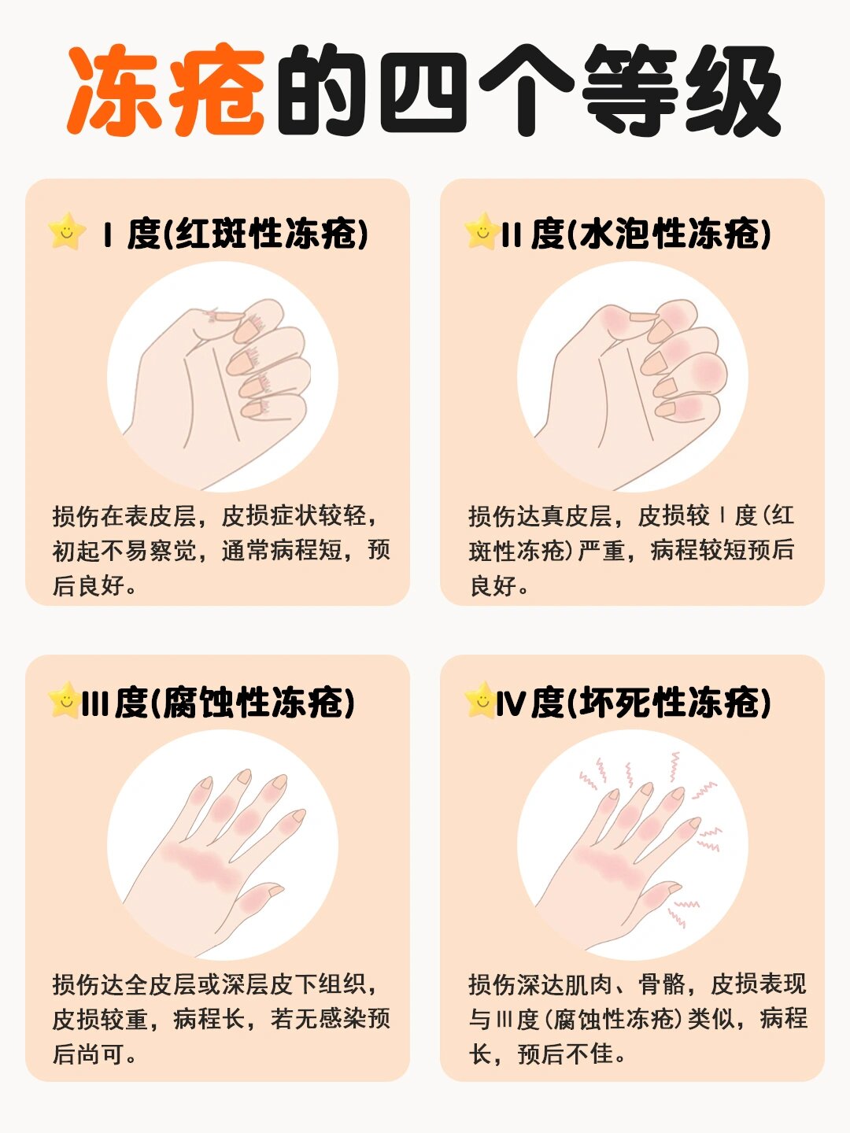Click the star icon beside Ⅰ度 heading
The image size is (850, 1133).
[x=67, y=231]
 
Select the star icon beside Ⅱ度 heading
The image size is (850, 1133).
[x=481, y=231]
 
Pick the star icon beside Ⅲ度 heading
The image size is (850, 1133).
[x=64, y=699]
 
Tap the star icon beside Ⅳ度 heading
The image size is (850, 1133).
[x=479, y=699]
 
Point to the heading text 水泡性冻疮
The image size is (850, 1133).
[x=673, y=234]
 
